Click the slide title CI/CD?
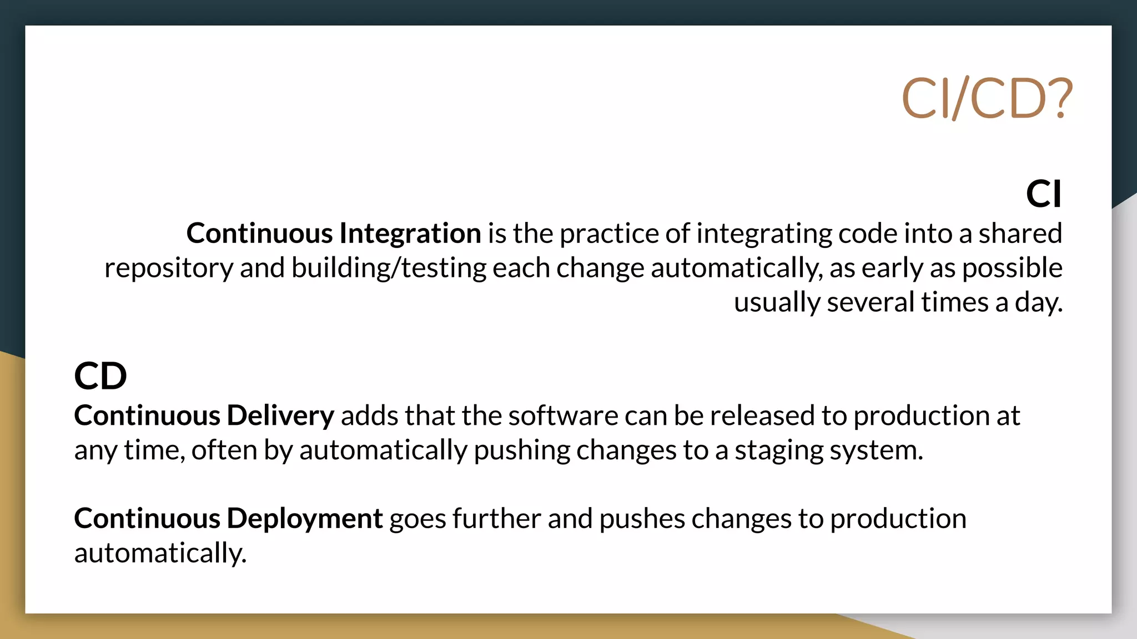tap(987, 99)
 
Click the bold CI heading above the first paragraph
tap(1043, 194)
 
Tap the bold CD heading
tap(100, 376)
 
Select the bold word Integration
tap(410, 234)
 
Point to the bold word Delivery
tap(280, 415)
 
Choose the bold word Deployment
tap(305, 519)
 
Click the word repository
tap(169, 268)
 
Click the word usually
tap(777, 303)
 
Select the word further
tap(496, 519)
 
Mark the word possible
tap(1012, 268)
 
